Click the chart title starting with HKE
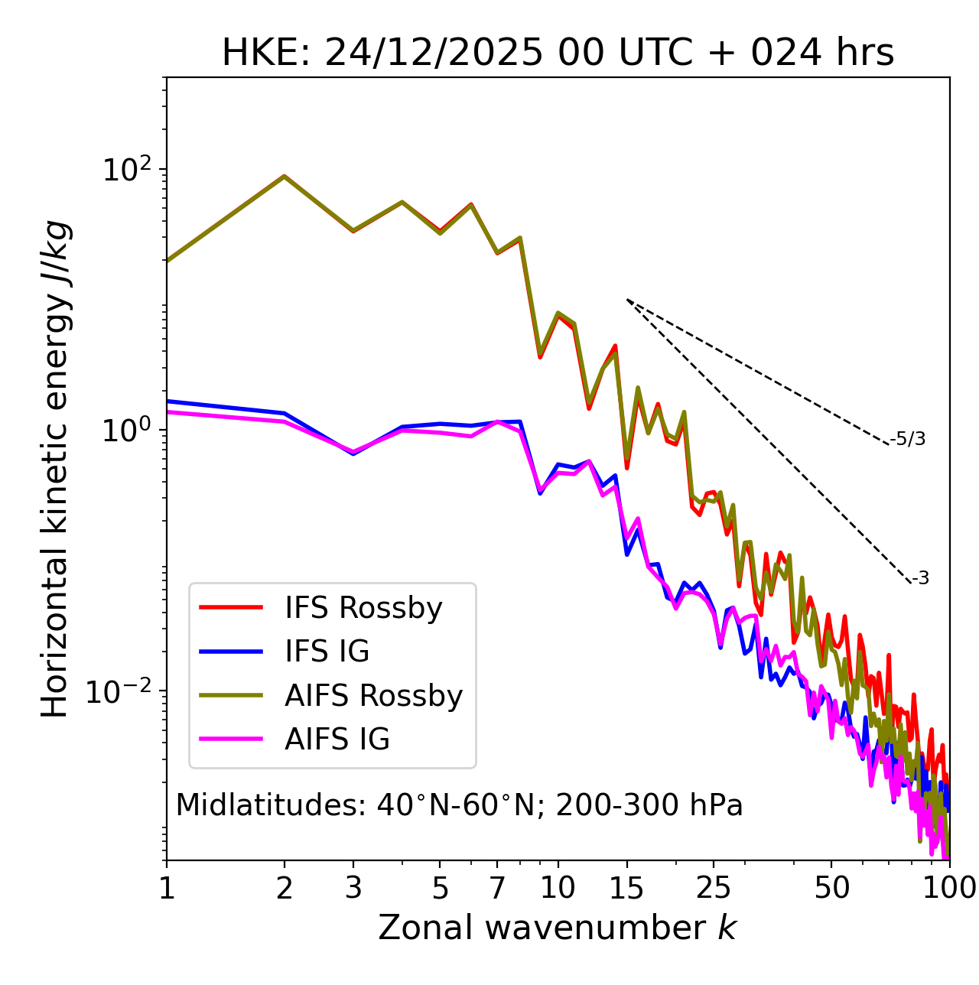558,54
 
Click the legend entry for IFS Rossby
363,608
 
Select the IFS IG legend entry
327,652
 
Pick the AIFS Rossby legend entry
373,696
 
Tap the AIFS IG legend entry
337,740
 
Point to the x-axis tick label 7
497,888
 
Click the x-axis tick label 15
627,888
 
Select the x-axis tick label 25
714,888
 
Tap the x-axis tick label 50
831,888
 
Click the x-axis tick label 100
948,888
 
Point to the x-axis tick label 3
353,888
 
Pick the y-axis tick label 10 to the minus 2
122,691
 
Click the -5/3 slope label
908,439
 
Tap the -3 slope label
920,579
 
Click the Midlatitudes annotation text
459,805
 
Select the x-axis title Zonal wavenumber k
557,928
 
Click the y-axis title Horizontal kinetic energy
55,468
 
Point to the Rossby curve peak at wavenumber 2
285,176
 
